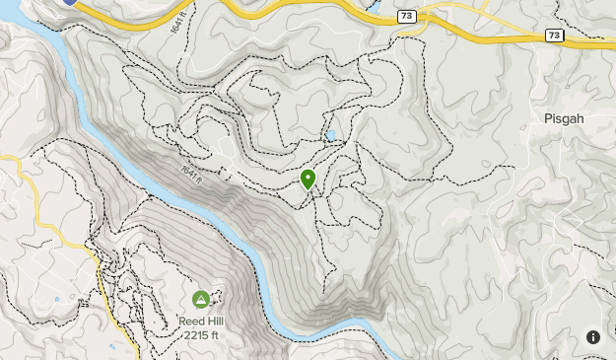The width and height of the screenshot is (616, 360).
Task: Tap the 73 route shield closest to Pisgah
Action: coord(555,36)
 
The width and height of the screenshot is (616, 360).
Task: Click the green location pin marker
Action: coord(308,179)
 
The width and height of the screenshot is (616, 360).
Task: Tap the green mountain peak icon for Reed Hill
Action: coord(200,299)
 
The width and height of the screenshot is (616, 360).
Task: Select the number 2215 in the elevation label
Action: coord(195,335)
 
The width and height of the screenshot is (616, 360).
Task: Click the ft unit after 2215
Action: coord(213,335)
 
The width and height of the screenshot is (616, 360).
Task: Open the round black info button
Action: coord(593,336)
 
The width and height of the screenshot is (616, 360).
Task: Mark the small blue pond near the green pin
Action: coord(331,136)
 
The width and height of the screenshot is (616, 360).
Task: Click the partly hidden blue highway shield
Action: coord(68,3)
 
